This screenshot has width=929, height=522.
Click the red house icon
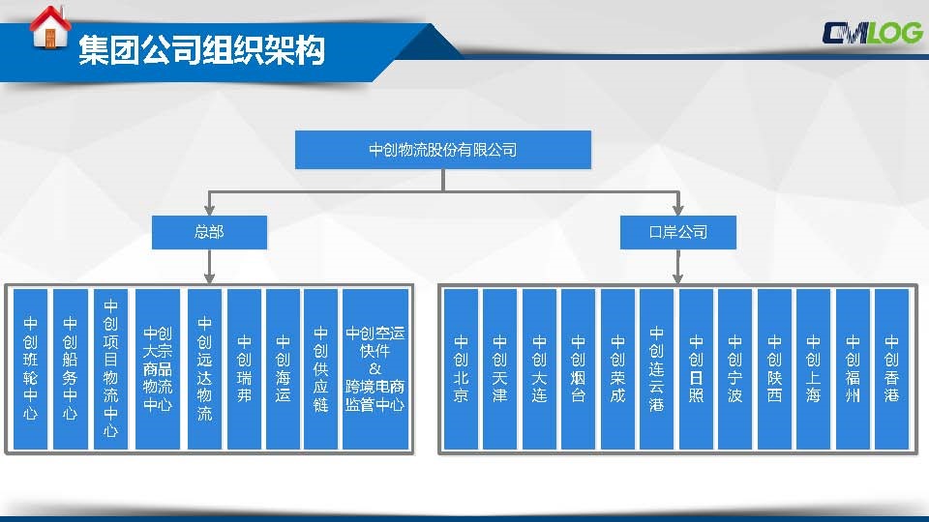point(49,27)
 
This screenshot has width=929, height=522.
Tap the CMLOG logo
point(872,33)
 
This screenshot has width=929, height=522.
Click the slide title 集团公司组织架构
point(201,49)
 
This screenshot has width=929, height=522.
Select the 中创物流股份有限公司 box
point(443,150)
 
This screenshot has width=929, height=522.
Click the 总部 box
point(209,232)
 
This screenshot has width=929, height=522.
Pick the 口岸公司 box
point(677,232)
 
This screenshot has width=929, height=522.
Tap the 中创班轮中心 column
point(30,369)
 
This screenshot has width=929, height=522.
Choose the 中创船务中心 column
point(71,369)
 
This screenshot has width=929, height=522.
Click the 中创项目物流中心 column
point(110,369)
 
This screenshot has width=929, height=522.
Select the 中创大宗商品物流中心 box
point(158,369)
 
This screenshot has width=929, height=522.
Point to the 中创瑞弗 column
point(244,369)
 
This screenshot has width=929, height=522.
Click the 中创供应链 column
point(320,369)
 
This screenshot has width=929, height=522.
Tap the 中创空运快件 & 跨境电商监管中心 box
point(375,369)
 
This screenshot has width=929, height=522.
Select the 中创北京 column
point(461,369)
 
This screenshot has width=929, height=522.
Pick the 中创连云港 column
point(656,369)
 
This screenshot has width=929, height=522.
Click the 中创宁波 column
point(734,369)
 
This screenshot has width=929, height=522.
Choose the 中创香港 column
point(891,369)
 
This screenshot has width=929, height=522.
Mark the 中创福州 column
point(853,369)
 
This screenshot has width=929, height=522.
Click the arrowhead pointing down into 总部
point(209,210)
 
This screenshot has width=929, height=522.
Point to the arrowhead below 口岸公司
point(677,278)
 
